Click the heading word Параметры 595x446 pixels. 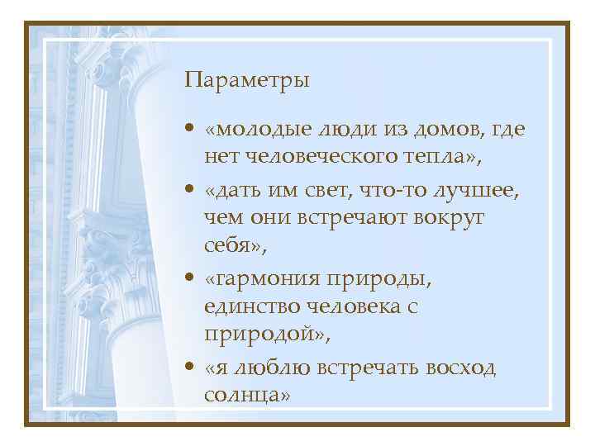248,80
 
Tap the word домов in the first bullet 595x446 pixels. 443,130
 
